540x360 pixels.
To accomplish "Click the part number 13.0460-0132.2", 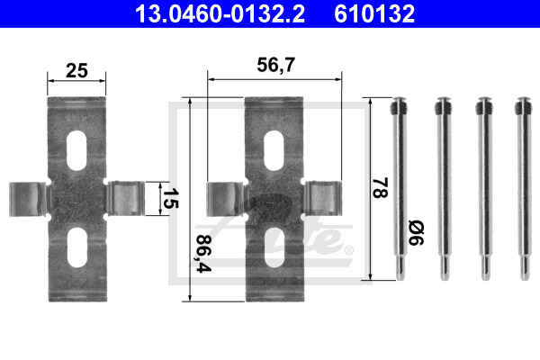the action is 220,13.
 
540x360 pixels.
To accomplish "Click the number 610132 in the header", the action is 374,13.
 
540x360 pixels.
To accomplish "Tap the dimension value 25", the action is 76,70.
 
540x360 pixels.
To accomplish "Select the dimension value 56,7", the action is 276,65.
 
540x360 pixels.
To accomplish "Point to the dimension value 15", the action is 170,198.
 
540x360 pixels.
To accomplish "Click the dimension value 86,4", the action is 203,254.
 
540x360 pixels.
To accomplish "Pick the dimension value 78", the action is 381,188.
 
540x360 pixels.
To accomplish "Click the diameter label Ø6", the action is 416,233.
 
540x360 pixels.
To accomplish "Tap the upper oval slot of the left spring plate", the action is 76,150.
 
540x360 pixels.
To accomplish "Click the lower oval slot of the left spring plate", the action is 76,247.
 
